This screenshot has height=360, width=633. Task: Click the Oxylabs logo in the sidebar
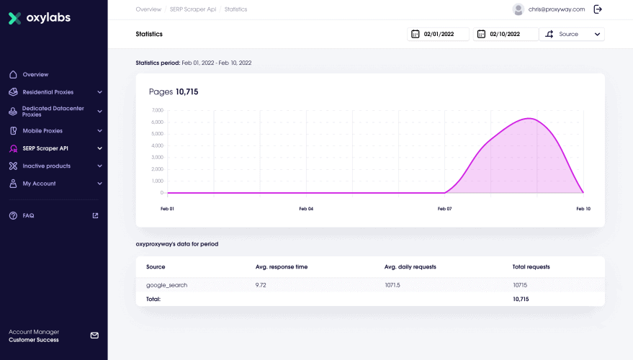pyautogui.click(x=39, y=18)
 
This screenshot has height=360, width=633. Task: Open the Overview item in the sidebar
pyautogui.click(x=35, y=75)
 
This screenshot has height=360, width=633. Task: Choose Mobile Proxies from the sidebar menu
pyautogui.click(x=42, y=131)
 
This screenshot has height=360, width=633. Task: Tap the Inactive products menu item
pyautogui.click(x=46, y=166)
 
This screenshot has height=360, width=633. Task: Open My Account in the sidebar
pyautogui.click(x=39, y=184)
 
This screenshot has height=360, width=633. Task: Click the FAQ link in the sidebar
pyautogui.click(x=28, y=215)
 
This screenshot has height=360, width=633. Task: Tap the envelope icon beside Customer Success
pyautogui.click(x=94, y=336)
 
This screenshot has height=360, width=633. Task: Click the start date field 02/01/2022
pyautogui.click(x=438, y=34)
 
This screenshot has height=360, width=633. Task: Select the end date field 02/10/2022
pyautogui.click(x=506, y=34)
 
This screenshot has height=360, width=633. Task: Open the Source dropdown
pyautogui.click(x=572, y=34)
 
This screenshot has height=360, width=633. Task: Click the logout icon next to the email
pyautogui.click(x=598, y=9)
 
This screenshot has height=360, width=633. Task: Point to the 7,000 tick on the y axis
pyautogui.click(x=157, y=110)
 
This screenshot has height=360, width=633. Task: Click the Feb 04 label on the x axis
pyautogui.click(x=306, y=209)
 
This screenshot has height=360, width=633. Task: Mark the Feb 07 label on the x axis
pyautogui.click(x=444, y=209)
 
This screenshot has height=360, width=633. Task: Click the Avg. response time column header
pyautogui.click(x=281, y=267)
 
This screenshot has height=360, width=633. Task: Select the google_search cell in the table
pyautogui.click(x=166, y=285)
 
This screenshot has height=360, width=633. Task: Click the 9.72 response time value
pyautogui.click(x=261, y=285)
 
